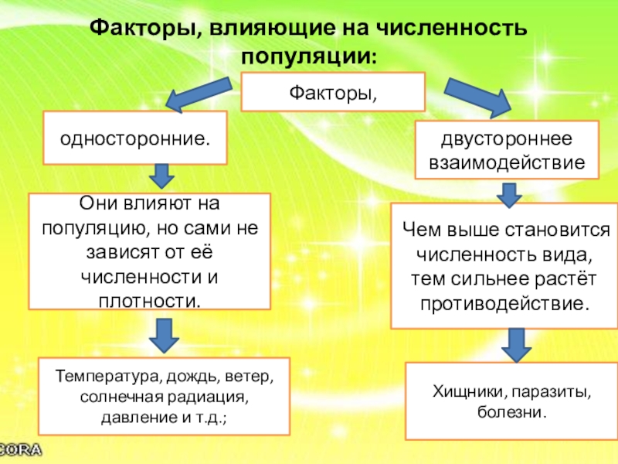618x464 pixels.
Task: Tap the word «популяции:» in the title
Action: click(x=309, y=56)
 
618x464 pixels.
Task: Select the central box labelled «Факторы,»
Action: click(x=333, y=92)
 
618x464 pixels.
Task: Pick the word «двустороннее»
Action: click(x=507, y=141)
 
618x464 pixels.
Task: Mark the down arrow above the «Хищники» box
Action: click(x=516, y=343)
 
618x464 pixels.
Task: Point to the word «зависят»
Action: click(x=111, y=251)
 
